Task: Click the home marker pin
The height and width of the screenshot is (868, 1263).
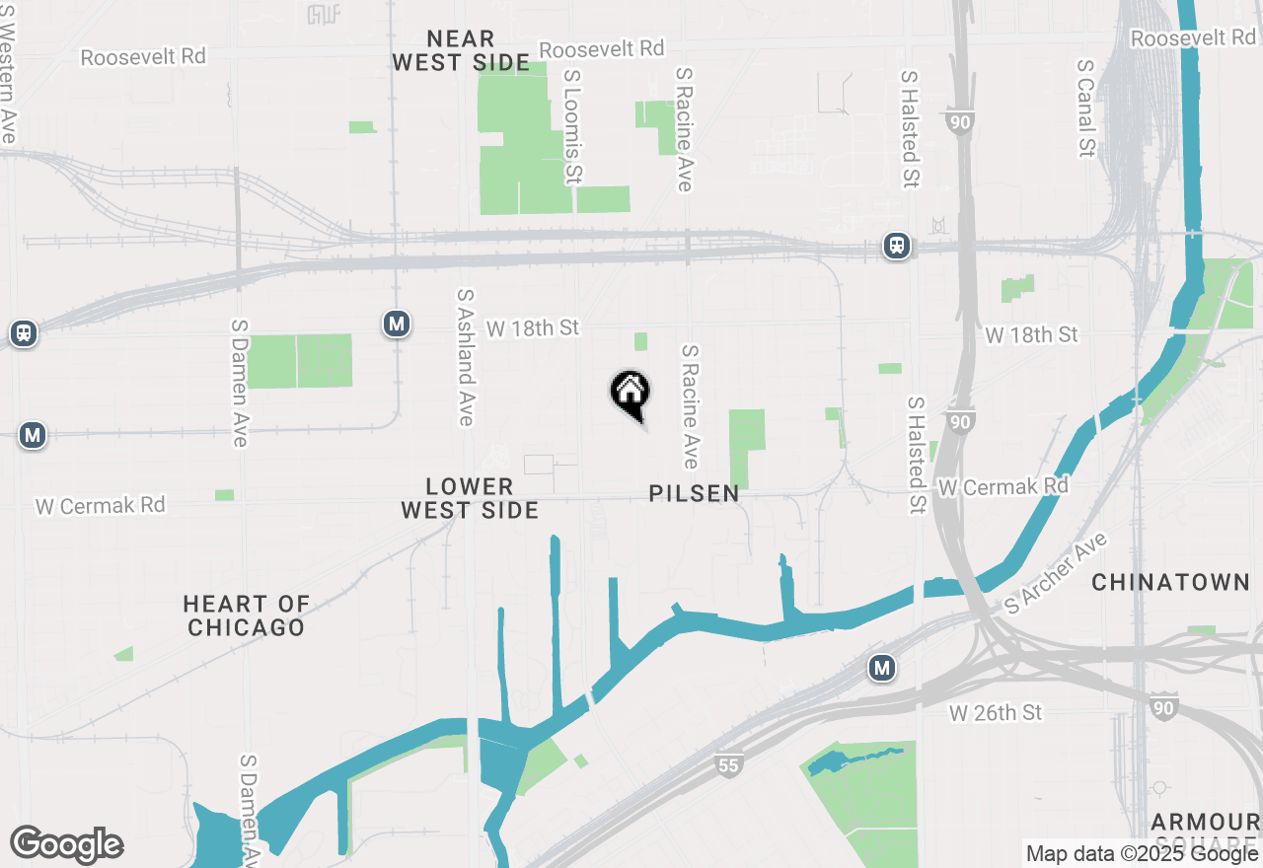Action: [630, 394]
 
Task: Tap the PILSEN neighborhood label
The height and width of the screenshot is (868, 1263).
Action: [694, 494]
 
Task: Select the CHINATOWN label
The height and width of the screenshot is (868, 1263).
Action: [1171, 583]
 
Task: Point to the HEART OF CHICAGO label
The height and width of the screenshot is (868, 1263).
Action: [246, 615]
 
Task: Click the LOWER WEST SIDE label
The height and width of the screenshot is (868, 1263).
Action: [470, 498]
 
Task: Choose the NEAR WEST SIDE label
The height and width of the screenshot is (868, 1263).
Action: [461, 51]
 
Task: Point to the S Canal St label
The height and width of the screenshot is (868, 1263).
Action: [1086, 107]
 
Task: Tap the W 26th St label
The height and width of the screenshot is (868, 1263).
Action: [996, 712]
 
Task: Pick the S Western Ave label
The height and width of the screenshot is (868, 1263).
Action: [8, 74]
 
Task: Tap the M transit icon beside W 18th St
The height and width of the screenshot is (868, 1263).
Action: [397, 324]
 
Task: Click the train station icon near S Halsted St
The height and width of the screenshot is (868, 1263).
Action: [896, 247]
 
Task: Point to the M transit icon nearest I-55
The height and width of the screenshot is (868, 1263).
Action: [882, 669]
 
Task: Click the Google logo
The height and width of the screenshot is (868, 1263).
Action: [66, 844]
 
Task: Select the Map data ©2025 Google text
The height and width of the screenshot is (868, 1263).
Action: [1142, 854]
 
